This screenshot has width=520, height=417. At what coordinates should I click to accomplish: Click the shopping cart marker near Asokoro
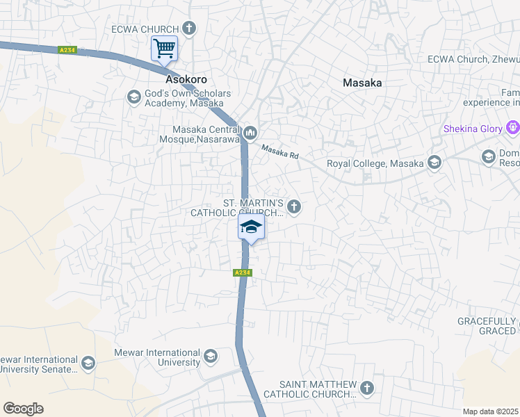164,49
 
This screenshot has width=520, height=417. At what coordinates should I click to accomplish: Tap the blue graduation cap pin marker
251,227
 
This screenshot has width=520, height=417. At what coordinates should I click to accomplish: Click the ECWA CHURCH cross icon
188,28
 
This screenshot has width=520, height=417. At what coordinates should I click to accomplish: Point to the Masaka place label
362,83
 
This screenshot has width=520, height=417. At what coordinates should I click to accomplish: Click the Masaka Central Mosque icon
250,131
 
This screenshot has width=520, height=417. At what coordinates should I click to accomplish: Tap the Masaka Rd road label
279,152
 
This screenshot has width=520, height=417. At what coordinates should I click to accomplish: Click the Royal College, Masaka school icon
434,163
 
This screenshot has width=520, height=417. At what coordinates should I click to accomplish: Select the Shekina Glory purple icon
513,129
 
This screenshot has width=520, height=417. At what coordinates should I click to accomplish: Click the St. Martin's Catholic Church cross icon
294,206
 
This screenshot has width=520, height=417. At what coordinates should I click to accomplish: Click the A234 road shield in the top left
67,50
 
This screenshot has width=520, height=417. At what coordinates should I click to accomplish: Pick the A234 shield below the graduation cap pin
241,273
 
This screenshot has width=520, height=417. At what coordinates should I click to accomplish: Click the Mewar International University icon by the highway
210,357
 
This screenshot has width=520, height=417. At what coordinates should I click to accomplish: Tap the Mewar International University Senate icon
88,363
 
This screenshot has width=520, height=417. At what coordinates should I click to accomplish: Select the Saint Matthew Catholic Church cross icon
367,388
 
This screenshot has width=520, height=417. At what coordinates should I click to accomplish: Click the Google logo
23,409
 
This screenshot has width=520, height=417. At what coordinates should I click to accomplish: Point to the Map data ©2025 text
491,411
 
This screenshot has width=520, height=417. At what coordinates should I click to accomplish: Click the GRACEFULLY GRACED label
486,326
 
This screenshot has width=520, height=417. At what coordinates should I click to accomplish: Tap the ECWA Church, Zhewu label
473,60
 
